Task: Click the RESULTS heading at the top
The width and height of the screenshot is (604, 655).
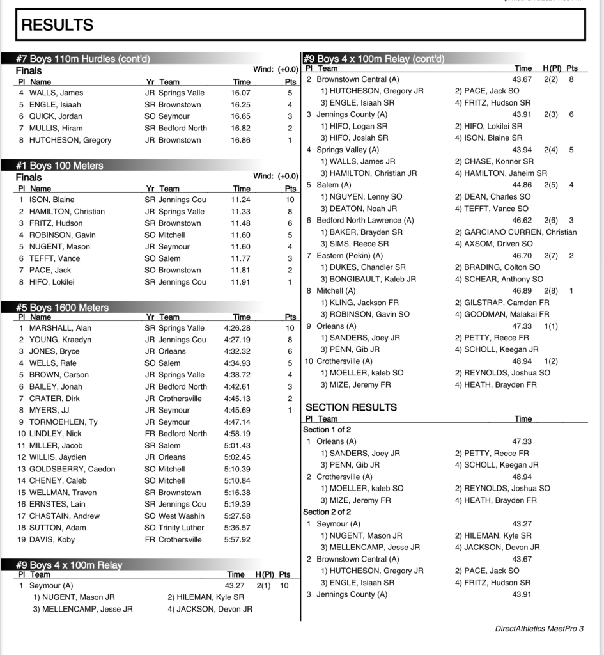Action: [58, 25]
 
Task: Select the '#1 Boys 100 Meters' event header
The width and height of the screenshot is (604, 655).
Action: [59, 166]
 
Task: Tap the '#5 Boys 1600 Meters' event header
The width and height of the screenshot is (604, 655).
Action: [62, 308]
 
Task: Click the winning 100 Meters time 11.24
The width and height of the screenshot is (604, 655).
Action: [240, 200]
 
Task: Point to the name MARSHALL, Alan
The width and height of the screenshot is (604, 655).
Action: [60, 328]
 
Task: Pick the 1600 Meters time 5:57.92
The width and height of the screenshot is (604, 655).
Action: [237, 540]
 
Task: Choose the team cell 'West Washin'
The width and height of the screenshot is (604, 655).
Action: [174, 516]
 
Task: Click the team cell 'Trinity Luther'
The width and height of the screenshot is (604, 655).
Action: [174, 528]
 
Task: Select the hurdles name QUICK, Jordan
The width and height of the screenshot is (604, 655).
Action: [55, 116]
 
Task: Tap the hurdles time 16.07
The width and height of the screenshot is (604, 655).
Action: [240, 93]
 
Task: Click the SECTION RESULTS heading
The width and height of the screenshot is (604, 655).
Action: [351, 407]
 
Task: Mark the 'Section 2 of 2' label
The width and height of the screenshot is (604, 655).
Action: [327, 512]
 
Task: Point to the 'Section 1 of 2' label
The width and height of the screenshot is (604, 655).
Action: [327, 430]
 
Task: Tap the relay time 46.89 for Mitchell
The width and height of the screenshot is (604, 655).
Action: [522, 290]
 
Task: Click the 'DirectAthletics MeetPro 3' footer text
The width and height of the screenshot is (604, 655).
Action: [539, 629]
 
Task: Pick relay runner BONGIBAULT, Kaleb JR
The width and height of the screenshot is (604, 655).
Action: [368, 279]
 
